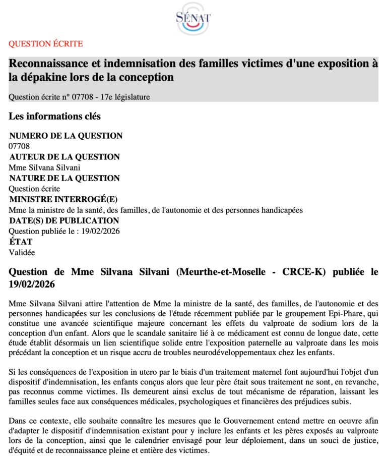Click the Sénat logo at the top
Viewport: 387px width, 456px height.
coord(193,19)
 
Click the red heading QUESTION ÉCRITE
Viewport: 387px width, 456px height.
coord(46,44)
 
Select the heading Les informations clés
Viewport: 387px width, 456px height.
coord(54,117)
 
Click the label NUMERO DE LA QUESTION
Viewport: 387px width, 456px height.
coord(66,136)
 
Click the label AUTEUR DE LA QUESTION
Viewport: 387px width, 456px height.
coord(64,157)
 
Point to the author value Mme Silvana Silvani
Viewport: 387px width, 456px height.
coord(45,167)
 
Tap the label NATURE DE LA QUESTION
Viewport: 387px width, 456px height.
coord(64,178)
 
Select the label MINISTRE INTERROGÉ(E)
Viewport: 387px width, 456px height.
coord(63,199)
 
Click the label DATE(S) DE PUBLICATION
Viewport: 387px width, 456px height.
coord(64,220)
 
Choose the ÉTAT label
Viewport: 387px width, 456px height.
coord(21,242)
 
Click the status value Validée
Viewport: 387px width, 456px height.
coord(22,252)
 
